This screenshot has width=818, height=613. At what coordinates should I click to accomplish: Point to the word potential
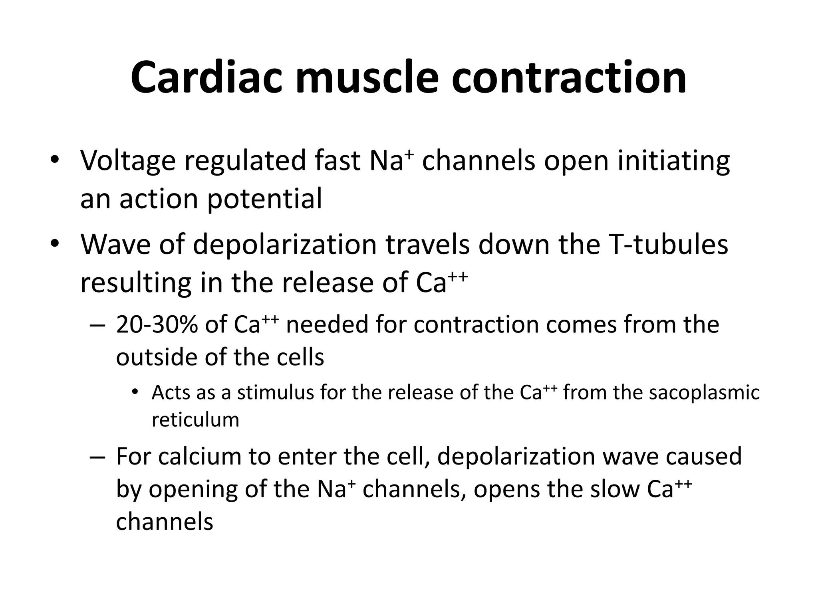(x=264, y=199)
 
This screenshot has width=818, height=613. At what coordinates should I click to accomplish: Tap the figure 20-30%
(x=157, y=324)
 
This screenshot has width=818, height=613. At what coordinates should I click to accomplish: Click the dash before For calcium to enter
(x=97, y=457)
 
